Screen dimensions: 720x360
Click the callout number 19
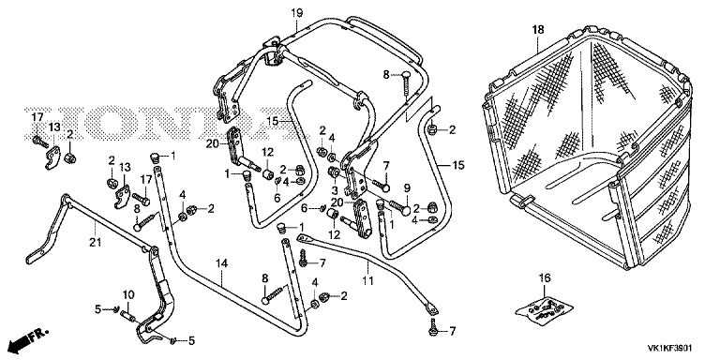coord(296,13)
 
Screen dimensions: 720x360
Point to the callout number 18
coord(538,30)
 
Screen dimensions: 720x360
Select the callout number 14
coord(222,263)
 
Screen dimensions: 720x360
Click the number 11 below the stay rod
coord(367,278)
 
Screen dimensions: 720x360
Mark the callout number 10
coord(128,293)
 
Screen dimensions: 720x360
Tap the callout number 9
coord(406,187)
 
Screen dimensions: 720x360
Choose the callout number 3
coord(335,189)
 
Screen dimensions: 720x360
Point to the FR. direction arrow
coord(28,339)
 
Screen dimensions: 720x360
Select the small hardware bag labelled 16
coord(545,309)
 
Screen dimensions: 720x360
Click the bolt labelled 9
coord(399,206)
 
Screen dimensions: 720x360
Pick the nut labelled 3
coord(334,173)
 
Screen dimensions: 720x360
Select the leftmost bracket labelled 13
coord(52,157)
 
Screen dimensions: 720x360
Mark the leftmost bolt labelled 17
coord(40,142)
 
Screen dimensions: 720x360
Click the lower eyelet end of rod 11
coord(431,309)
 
